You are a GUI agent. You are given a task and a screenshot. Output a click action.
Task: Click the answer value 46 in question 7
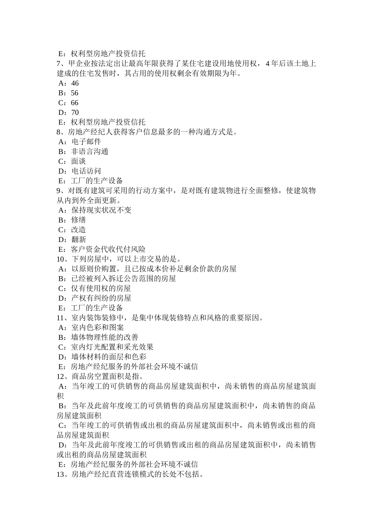75,83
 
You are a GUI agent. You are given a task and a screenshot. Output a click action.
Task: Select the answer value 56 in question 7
75,93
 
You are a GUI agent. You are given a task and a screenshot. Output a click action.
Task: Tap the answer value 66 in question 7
75,103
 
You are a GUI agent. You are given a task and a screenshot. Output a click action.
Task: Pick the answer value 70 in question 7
75,113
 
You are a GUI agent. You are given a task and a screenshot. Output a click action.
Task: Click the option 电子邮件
86,142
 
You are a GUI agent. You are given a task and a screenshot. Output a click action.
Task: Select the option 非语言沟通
90,152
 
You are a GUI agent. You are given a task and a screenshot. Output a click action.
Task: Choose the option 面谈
78,161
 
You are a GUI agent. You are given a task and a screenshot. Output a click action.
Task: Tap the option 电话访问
86,171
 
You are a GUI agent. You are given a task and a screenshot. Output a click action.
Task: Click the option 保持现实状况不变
101,210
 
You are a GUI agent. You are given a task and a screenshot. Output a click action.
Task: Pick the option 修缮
78,220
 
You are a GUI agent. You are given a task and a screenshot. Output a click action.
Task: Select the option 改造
78,230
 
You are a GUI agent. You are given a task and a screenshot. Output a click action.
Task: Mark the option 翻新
78,240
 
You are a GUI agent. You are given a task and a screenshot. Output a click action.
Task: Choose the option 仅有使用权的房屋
101,288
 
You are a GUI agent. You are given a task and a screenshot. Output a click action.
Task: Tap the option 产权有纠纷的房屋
101,298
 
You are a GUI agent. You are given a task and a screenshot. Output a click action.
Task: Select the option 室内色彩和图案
97,328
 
